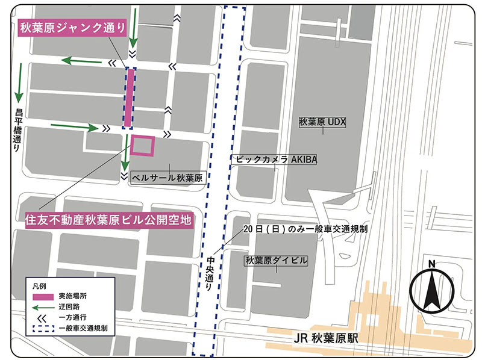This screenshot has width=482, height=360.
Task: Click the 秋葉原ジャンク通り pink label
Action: tap(74, 28)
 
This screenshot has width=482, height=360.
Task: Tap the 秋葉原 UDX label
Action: tap(322, 121)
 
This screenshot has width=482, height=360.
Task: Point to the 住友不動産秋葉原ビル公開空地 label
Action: tap(108, 220)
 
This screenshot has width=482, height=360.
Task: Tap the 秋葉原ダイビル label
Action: tap(277, 261)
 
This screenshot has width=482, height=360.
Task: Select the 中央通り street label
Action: tap(209, 275)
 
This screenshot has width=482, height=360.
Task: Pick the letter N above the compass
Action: tap(432, 264)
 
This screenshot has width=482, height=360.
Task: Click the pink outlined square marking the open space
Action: tap(143, 146)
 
